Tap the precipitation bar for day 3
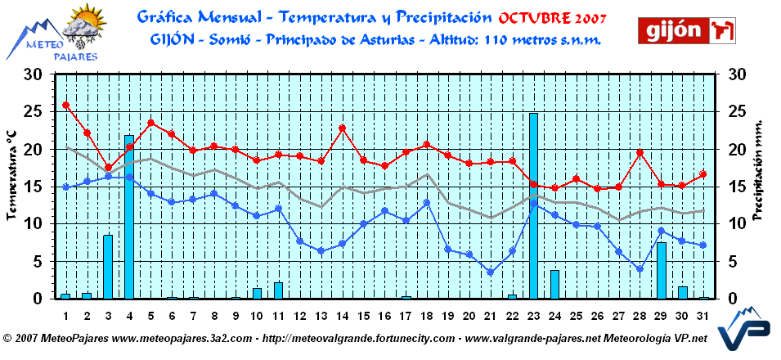(108, 267)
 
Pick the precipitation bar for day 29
(661, 271)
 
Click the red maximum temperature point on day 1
(66, 106)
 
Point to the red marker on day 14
(342, 128)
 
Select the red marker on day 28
(640, 153)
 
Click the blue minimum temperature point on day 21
(491, 272)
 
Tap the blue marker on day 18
(427, 202)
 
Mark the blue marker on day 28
(640, 268)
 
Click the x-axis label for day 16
(384, 316)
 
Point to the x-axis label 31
(703, 316)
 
